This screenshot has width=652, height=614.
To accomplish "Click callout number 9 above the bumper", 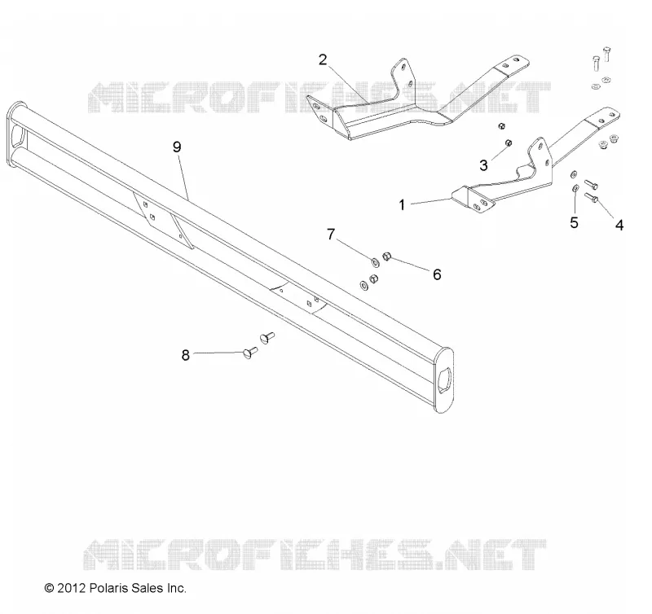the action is (x=177, y=147).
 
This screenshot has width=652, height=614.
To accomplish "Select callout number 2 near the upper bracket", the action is (x=323, y=59).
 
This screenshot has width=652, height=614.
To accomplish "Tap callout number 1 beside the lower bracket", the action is (x=402, y=205).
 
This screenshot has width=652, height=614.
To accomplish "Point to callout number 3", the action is (x=483, y=165).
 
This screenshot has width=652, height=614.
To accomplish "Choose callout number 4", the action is (x=619, y=226).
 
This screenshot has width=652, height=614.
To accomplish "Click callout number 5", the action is (x=575, y=223).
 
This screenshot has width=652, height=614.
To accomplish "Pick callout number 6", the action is (x=437, y=274).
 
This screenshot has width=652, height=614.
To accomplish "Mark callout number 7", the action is (x=331, y=235).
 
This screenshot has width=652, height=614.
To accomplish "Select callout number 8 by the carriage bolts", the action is (x=186, y=355).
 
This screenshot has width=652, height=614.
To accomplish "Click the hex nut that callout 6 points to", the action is (x=386, y=257).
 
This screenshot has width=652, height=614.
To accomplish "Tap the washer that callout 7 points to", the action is (x=375, y=262).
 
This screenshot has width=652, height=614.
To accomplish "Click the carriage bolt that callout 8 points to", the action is (x=250, y=353).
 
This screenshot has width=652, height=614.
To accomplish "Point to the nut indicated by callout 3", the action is (x=508, y=143).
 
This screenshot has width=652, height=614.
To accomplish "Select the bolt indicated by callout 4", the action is (x=592, y=197).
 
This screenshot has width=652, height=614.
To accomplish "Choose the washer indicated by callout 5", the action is (x=575, y=189).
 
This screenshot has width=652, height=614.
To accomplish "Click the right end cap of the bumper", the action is (x=443, y=380).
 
